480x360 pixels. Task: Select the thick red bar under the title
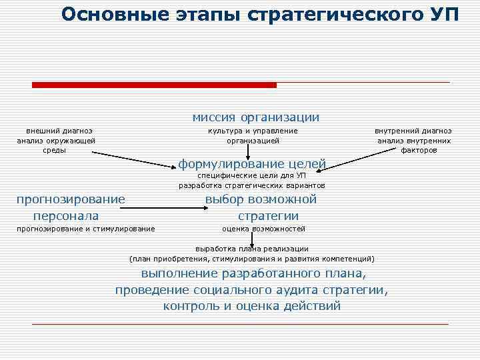pos(154,85)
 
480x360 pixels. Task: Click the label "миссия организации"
pos(256,117)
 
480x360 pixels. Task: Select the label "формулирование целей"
pos(252,163)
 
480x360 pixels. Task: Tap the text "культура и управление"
pos(253,131)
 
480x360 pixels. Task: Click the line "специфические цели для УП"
pos(252,175)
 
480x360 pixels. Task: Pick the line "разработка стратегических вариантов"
pos(252,185)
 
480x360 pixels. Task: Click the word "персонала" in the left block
pos(66,215)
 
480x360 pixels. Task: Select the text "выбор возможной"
pos(261,199)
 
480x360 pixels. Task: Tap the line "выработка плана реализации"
pos(252,248)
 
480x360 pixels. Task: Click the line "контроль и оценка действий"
pos(252,306)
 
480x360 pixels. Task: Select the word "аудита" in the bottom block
pos(295,290)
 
